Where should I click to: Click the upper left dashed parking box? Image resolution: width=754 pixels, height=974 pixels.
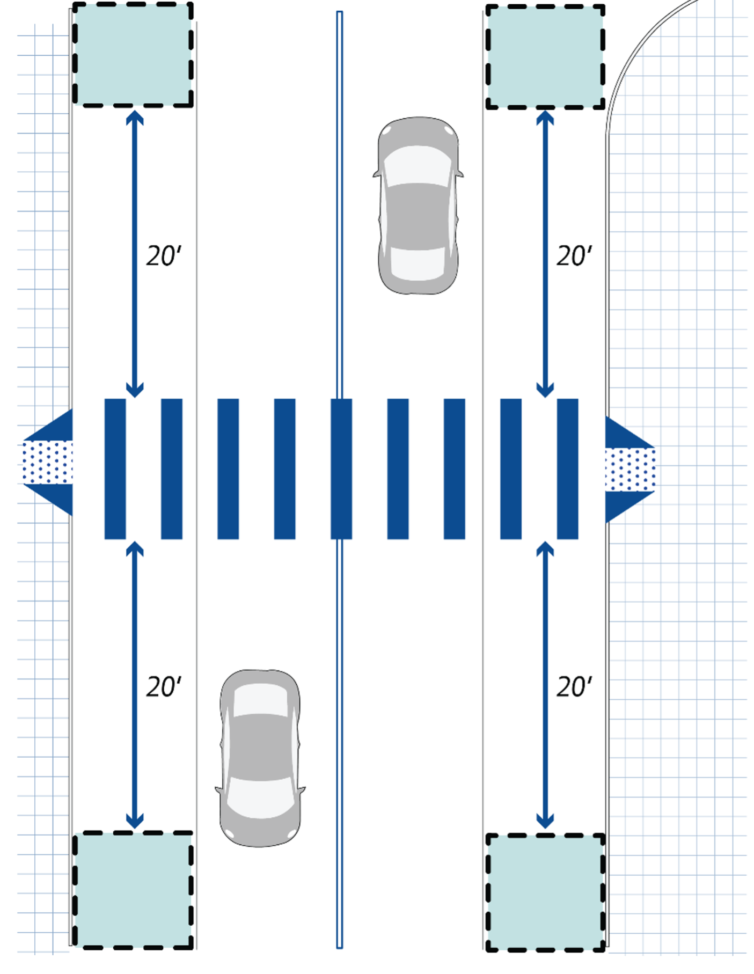tap(133, 55)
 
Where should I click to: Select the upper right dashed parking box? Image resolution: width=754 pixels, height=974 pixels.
tap(545, 57)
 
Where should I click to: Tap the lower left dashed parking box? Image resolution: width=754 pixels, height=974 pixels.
tap(133, 890)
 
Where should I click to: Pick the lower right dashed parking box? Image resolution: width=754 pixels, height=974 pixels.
tap(545, 892)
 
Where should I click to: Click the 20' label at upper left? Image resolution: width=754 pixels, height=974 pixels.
tap(164, 256)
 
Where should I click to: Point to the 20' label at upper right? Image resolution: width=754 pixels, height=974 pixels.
tap(574, 256)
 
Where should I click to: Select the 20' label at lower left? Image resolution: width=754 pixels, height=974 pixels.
tap(164, 687)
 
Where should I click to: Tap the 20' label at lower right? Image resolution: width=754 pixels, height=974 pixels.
tap(574, 687)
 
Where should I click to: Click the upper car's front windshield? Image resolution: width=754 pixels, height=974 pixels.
tap(418, 263)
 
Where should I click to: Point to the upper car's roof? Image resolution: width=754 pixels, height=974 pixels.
tap(418, 215)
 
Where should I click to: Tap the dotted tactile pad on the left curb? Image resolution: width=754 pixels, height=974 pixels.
tap(47, 463)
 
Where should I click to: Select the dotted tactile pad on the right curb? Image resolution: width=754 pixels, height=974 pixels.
tap(629, 470)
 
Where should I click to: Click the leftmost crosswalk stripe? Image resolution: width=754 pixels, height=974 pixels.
tap(115, 468)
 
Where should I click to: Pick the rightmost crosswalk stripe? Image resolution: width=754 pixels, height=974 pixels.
tap(567, 468)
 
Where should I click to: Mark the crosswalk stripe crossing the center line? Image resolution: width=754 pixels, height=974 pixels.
tap(341, 468)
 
